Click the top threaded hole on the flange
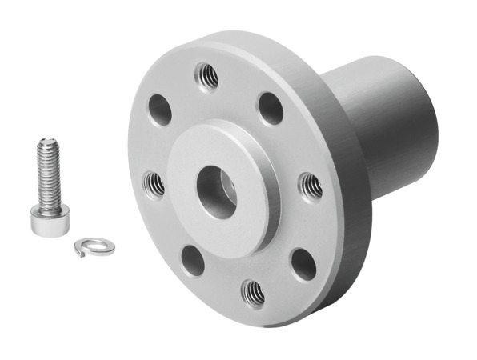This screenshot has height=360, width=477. point(206,77)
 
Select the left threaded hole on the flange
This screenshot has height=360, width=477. point(154,185)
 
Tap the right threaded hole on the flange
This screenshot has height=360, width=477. point(311,186)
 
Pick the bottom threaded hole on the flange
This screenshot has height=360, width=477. point(253,292)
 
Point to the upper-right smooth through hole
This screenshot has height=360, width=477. point(271,107)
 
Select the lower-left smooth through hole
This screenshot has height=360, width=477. point(193,260)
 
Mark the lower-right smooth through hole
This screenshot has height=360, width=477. point(303,263)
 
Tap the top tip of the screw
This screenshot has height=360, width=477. point(46,142)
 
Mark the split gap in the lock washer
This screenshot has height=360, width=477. point(79,252)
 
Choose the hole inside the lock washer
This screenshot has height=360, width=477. point(95,247)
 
